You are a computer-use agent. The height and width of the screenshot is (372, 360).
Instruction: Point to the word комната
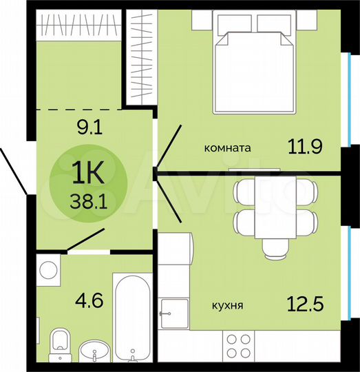[x=227, y=147]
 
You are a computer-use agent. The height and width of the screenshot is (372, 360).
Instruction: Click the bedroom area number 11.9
[x=304, y=146]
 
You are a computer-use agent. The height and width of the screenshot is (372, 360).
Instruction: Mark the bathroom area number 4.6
[x=87, y=300]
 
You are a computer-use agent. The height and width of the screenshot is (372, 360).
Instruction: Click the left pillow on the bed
[x=236, y=25]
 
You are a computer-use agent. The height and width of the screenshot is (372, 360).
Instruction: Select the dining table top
[x=275, y=207]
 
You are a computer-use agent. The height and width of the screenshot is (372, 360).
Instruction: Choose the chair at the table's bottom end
[x=275, y=249]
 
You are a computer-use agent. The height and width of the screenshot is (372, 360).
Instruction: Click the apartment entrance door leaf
[x=14, y=170]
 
